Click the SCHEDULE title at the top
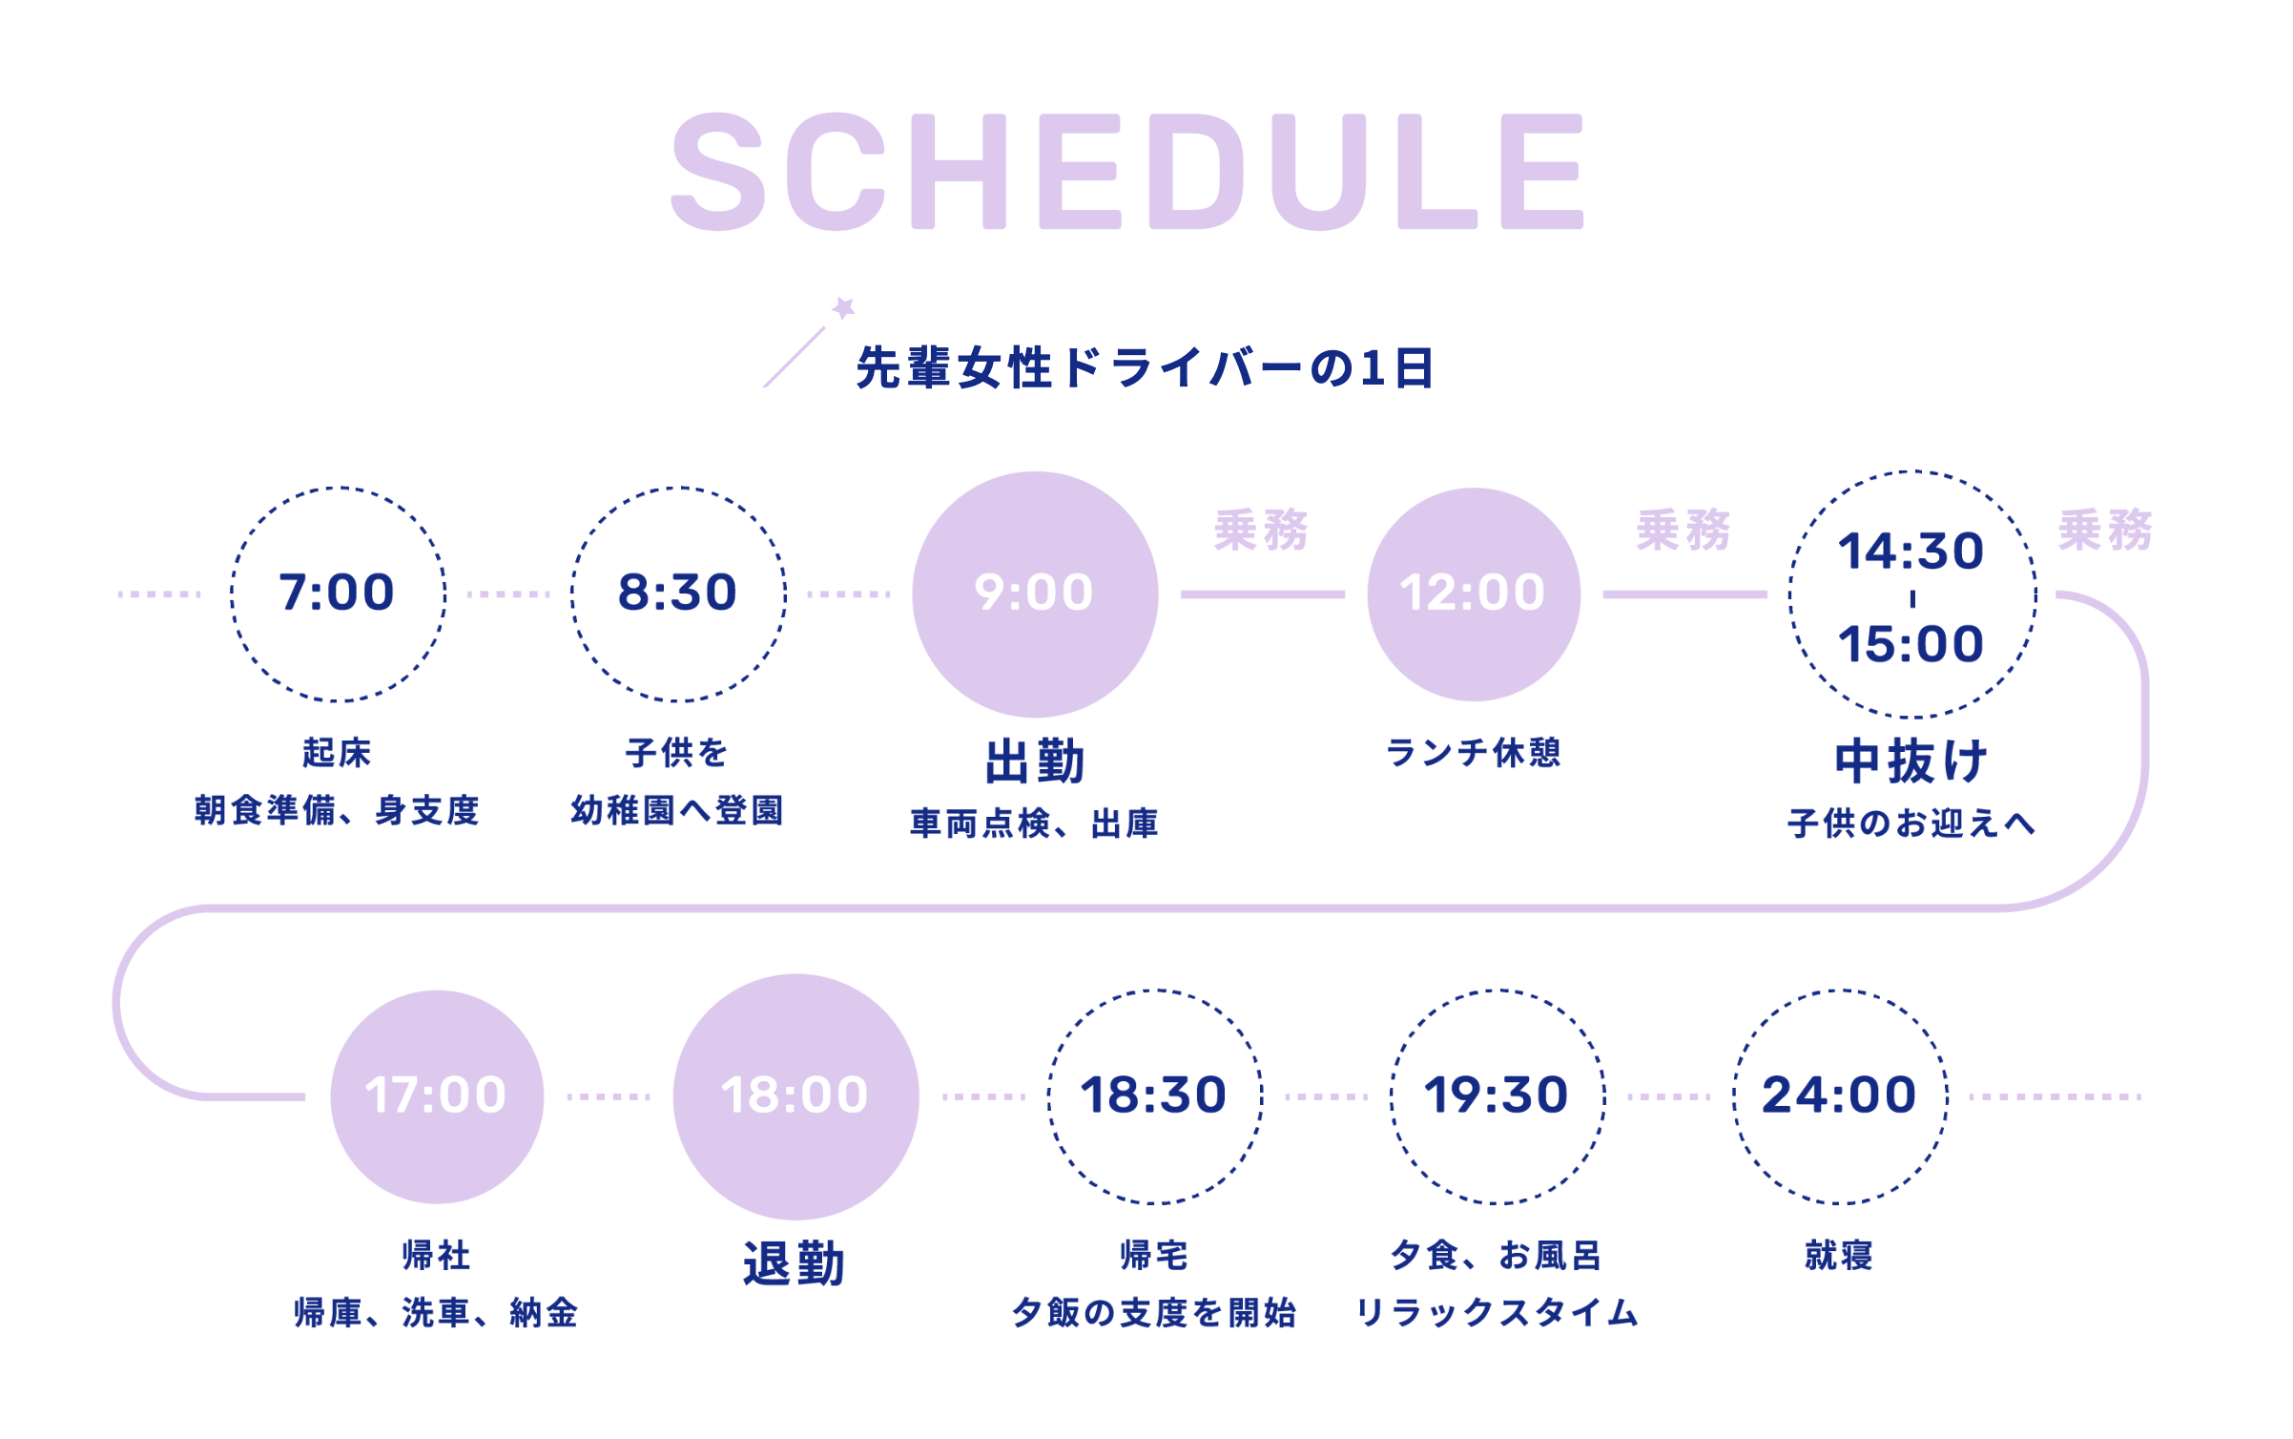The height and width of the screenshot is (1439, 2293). (x=1127, y=172)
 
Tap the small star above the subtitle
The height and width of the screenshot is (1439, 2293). (x=843, y=308)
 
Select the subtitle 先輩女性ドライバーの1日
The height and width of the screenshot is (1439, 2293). (x=1145, y=368)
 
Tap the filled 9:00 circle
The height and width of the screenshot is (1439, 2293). (x=1035, y=594)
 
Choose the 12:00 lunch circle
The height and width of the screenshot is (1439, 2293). (x=1474, y=594)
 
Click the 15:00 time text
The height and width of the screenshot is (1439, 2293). (x=1911, y=644)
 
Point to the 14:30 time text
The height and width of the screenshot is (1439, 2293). (x=1911, y=552)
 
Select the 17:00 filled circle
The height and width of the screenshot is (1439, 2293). (x=437, y=1096)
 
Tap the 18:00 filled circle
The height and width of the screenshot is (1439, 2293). (x=795, y=1096)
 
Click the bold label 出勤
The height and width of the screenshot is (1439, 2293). (x=1035, y=761)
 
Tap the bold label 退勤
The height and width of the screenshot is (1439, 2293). (x=795, y=1263)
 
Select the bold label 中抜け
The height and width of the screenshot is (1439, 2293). (x=1911, y=761)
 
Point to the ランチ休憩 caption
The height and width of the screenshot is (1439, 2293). (x=1474, y=752)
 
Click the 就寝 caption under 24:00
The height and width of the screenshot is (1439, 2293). (x=1840, y=1255)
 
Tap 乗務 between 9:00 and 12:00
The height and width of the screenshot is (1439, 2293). (x=1262, y=530)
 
